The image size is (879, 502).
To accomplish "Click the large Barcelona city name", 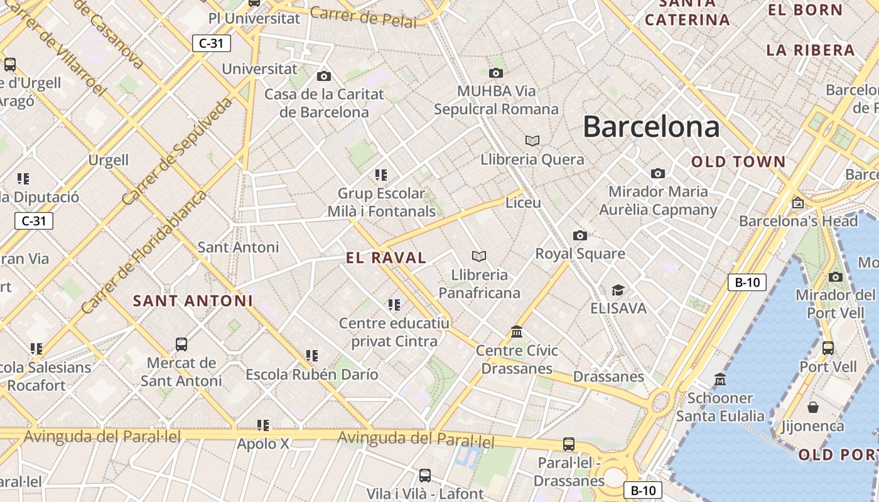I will pyautogui.click(x=651, y=127).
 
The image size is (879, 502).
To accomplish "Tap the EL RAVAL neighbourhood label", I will pyautogui.click(x=386, y=257).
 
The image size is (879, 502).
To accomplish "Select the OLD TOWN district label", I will pyautogui.click(x=738, y=161).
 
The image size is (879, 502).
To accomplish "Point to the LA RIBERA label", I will pyautogui.click(x=811, y=50).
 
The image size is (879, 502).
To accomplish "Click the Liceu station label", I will pyautogui.click(x=523, y=203).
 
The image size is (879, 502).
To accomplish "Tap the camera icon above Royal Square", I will pyautogui.click(x=580, y=235).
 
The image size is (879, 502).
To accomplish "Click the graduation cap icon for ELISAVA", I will pyautogui.click(x=618, y=290).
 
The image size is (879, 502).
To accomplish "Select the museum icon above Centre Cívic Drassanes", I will pyautogui.click(x=517, y=331).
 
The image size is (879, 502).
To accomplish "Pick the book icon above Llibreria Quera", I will pyautogui.click(x=532, y=141).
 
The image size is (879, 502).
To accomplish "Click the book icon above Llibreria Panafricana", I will pyautogui.click(x=479, y=256).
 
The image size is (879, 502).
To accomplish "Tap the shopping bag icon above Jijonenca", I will pyautogui.click(x=813, y=407).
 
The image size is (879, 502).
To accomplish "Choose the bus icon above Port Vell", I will pyautogui.click(x=828, y=348).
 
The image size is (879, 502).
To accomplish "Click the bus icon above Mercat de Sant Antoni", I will pyautogui.click(x=181, y=344).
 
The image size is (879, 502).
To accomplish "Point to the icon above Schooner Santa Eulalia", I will pyautogui.click(x=720, y=379).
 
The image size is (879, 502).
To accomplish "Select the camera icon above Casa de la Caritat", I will pyautogui.click(x=324, y=76).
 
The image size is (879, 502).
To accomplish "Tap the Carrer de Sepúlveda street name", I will pyautogui.click(x=177, y=151).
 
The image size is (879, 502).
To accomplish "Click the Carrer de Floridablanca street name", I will pyautogui.click(x=144, y=252).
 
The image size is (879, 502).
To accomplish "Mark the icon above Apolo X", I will pyautogui.click(x=263, y=425).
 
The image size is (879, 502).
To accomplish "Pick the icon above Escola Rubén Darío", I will pyautogui.click(x=312, y=356).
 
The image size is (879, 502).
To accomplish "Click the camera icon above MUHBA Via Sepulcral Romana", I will pyautogui.click(x=496, y=73).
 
